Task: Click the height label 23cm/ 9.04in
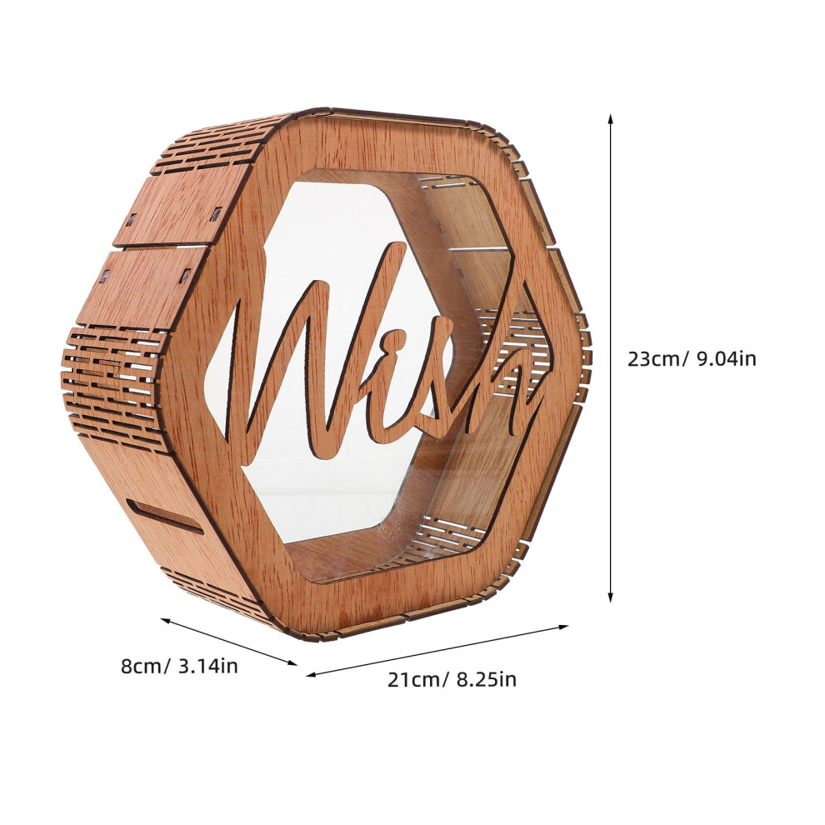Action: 692,359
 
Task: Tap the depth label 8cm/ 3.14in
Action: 179,666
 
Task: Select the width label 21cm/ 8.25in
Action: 452,679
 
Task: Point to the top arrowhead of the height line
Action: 610,119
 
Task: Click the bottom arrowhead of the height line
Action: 610,597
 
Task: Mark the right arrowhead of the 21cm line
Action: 564,627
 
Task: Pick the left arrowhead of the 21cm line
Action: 311,674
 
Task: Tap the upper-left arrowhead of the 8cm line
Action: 165,620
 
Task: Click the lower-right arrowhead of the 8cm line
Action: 292,663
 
